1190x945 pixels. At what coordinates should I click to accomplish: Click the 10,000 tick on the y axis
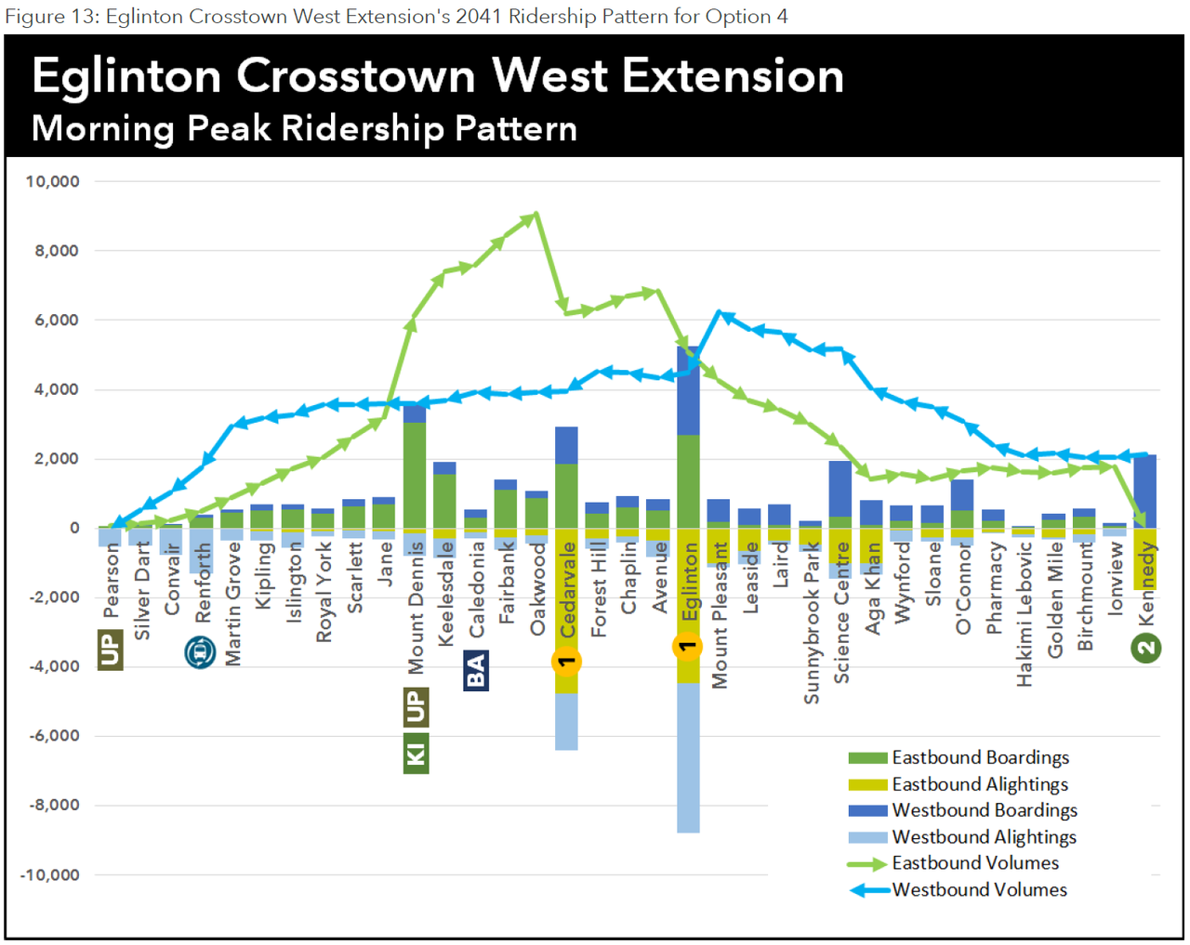point(52,181)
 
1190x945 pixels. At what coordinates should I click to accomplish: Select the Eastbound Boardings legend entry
point(980,757)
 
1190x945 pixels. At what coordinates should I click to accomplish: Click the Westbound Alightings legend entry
point(984,837)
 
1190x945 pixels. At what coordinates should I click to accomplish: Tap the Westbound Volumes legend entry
point(979,890)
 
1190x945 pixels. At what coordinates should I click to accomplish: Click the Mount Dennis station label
point(416,608)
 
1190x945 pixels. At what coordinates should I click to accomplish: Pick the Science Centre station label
point(842,613)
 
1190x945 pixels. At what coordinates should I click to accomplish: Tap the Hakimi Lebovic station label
point(1025,614)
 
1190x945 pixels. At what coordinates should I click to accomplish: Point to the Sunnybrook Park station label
point(812,623)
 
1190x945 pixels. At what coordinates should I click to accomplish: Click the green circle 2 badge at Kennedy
point(1146,648)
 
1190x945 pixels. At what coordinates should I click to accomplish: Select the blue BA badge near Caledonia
point(475,670)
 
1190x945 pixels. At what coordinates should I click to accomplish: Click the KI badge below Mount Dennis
point(416,753)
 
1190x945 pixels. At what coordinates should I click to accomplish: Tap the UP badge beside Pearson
point(110,650)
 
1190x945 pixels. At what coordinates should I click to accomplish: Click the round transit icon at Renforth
point(200,652)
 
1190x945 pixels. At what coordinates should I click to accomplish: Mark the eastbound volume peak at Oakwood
point(535,217)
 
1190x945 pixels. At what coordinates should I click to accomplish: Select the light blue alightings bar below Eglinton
point(688,757)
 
